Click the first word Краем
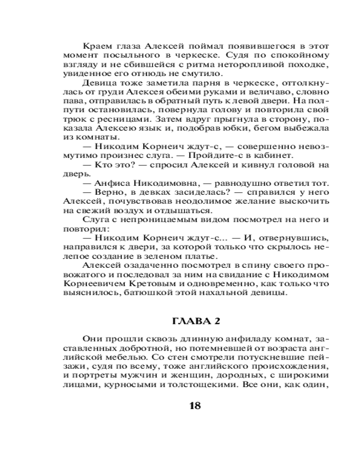pos(95,46)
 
